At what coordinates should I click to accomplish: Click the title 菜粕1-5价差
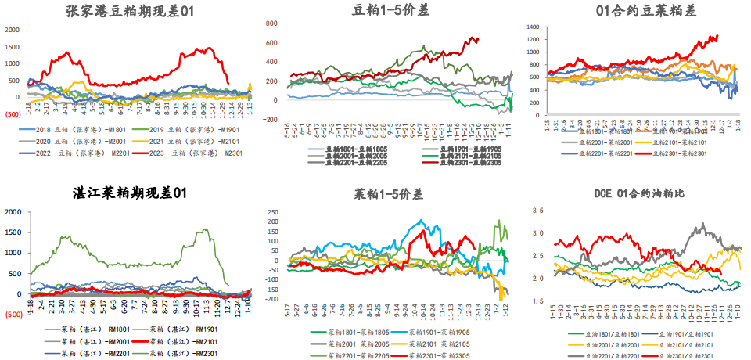click(x=385, y=193)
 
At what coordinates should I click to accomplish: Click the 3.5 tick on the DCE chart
click(x=536, y=211)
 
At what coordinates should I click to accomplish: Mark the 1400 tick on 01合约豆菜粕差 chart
click(x=533, y=27)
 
